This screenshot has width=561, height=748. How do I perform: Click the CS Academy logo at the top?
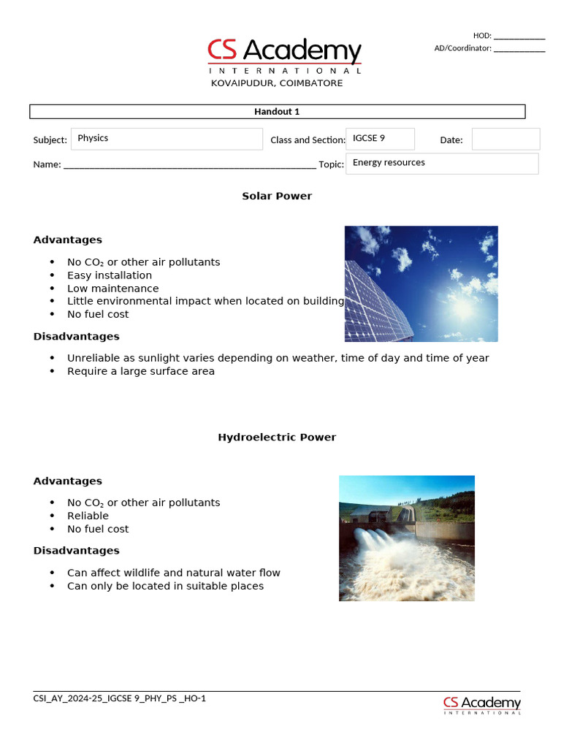click(x=284, y=56)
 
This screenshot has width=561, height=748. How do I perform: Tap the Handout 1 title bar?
click(x=277, y=112)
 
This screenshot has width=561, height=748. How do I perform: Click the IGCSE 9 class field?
click(x=381, y=139)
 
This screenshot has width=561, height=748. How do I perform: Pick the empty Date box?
click(x=505, y=139)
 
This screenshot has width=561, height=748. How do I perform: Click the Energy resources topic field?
click(x=443, y=163)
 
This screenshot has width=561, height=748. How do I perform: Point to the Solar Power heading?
click(x=277, y=196)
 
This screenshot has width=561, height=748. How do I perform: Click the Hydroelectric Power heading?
click(x=277, y=437)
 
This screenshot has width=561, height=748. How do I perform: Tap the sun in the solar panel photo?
click(x=463, y=308)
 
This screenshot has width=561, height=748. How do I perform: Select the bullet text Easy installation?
click(x=110, y=275)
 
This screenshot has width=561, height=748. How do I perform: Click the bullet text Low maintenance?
click(x=112, y=289)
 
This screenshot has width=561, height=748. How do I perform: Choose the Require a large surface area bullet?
click(x=141, y=371)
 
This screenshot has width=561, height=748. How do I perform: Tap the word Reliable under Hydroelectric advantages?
click(x=88, y=516)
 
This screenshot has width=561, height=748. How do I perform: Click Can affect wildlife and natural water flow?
click(x=174, y=573)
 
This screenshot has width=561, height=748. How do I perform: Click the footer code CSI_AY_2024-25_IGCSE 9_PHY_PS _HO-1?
click(x=120, y=698)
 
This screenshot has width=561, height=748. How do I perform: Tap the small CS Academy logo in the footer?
click(x=482, y=705)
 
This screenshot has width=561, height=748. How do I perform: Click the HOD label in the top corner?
click(x=482, y=35)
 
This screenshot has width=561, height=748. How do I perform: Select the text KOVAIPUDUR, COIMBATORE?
click(x=277, y=83)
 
